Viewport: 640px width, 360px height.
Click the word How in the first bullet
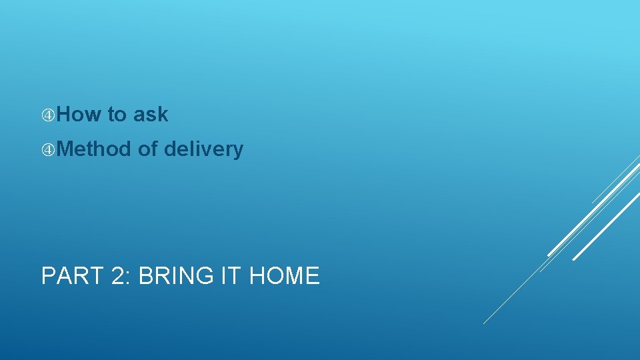[78, 115]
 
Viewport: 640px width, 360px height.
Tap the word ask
[151, 115]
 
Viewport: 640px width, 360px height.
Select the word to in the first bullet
[117, 115]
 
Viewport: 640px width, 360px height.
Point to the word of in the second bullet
[147, 149]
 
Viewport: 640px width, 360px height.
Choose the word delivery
[203, 150]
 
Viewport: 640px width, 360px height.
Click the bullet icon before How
[48, 115]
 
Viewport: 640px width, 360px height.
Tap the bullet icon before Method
[48, 150]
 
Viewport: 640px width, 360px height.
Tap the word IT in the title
[228, 275]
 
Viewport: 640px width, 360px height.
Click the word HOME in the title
[284, 275]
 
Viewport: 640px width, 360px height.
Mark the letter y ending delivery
[239, 151]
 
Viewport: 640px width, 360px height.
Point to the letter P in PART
[48, 275]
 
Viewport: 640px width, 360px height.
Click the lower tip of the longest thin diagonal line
[484, 323]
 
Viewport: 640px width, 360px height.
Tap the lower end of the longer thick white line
[549, 255]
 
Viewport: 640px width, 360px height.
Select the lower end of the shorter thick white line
[574, 259]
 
